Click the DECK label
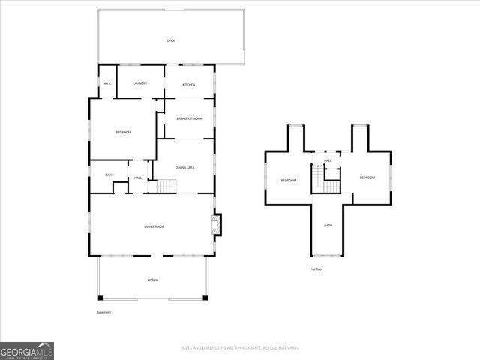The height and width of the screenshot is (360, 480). pos(170,40)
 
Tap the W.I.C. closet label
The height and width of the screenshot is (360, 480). pos(107,84)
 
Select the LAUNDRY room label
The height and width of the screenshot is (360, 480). pos(139,83)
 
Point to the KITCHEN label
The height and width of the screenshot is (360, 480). pos(189,85)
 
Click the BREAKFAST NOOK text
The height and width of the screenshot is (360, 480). pos(189,118)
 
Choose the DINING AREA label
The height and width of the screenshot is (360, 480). pos(185,168)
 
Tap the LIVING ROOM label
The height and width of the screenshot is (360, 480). pos(154,226)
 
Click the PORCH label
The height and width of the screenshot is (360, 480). pos(152,280)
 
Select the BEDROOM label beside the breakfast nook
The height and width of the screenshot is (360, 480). pos(123,133)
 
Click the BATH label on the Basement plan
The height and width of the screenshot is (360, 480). pos(109,175)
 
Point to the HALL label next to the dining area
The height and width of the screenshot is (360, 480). pos(138,178)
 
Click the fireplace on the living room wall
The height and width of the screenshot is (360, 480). pos(217,224)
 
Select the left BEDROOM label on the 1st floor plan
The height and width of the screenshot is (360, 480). pos(289,181)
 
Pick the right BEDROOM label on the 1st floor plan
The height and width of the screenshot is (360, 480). pos(367,178)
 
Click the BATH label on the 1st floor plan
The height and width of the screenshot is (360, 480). pos(328,226)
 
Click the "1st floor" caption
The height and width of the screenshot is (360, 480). pos(316,268)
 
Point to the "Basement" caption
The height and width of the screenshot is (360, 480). pos(103,312)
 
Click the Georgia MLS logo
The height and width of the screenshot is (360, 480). pos(27,350)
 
